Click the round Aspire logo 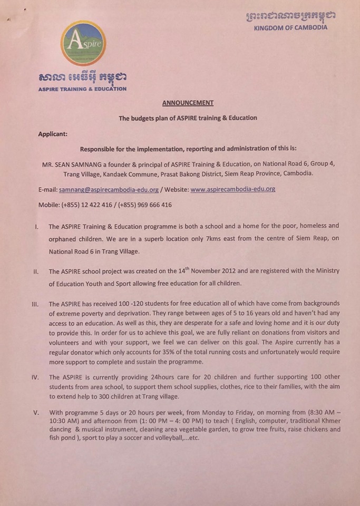83,43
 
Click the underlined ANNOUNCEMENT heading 188,103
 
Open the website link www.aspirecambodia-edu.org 233,189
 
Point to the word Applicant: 53,134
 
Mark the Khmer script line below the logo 82,77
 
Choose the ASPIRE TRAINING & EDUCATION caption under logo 82,89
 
